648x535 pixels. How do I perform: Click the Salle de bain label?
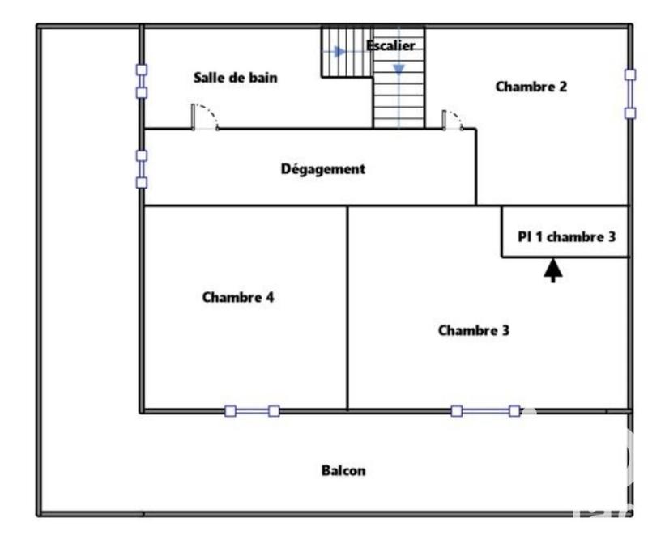235,78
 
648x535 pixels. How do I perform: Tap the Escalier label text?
390,45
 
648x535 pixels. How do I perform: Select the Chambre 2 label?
531,86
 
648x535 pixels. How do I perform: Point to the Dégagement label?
322,169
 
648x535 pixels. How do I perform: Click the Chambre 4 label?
237,297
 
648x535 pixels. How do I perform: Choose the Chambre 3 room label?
473,330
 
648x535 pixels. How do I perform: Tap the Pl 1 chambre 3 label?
566,237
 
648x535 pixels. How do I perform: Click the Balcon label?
343,470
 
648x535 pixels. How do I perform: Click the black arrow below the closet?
553,270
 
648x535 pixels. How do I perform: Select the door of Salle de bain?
204,119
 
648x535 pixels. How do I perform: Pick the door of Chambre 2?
452,121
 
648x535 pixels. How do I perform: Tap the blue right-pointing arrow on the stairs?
339,52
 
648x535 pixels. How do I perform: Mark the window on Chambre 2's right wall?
630,93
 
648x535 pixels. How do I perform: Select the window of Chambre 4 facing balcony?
252,411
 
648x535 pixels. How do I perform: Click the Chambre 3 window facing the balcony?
485,411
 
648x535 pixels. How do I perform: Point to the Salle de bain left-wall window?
141,81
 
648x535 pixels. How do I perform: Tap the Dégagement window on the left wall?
141,168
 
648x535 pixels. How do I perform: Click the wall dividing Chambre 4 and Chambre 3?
347,308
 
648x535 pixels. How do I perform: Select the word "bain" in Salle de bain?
262,78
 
